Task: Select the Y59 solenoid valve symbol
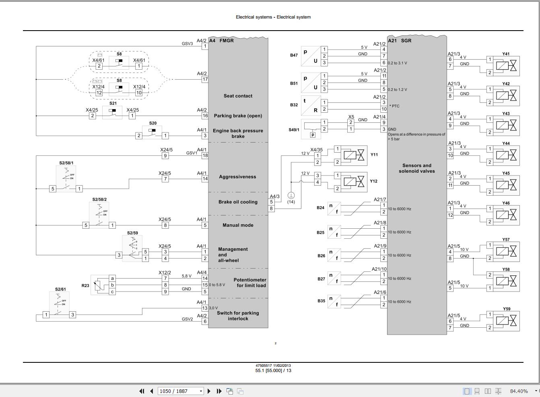click(x=506, y=321)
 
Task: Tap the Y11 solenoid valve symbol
click(x=355, y=155)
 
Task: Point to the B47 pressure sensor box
click(x=310, y=56)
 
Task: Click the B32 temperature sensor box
click(x=310, y=105)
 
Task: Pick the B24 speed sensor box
click(x=334, y=208)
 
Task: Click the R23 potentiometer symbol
click(x=100, y=285)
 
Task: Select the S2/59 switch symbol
click(x=132, y=248)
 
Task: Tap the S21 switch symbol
click(x=112, y=113)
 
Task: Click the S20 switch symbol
click(x=152, y=132)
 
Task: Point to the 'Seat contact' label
click(x=238, y=96)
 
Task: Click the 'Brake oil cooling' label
click(x=238, y=202)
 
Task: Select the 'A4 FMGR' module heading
click(x=221, y=41)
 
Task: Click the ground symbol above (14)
click(x=291, y=195)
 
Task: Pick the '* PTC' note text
click(x=394, y=106)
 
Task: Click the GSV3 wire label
click(x=187, y=43)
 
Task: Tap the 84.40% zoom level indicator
click(x=519, y=391)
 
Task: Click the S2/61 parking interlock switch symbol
click(x=59, y=305)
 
